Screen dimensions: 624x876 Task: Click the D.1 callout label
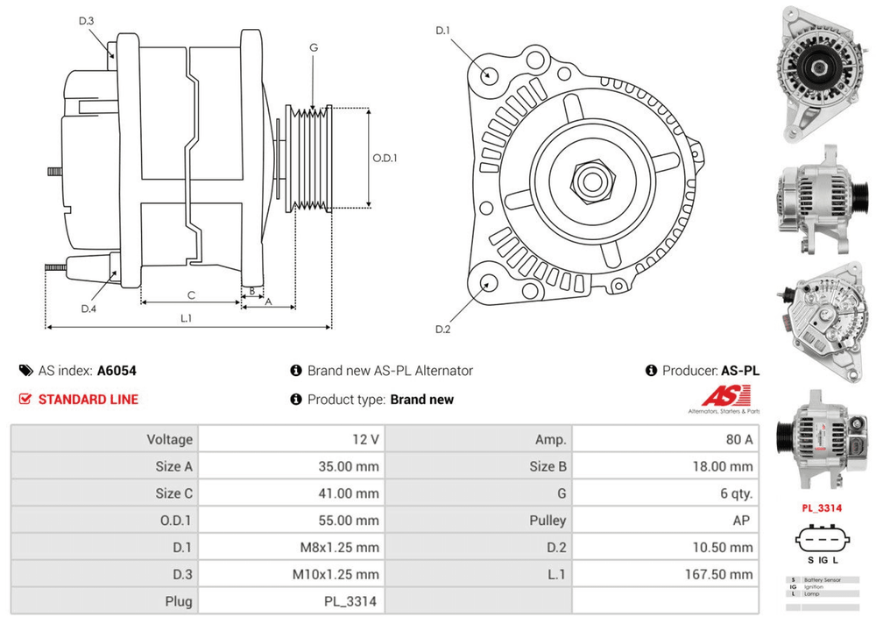coord(442,32)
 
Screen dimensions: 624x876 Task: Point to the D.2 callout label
coord(442,329)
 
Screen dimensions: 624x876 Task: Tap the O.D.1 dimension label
coord(385,159)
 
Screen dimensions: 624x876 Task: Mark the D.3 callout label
coord(86,21)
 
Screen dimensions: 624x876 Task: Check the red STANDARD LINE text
coord(88,400)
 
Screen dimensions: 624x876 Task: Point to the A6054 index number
coord(117,371)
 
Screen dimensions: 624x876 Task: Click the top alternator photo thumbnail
coord(822,72)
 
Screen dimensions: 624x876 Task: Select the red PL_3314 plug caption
coord(822,508)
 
